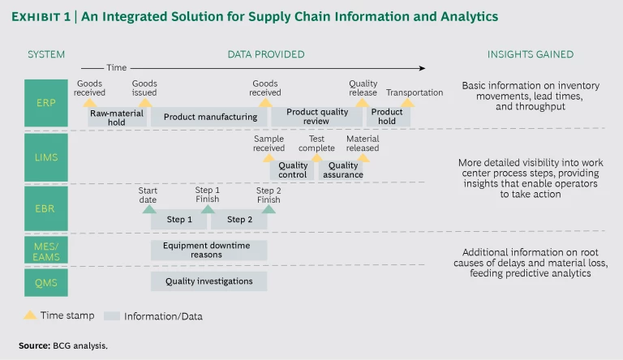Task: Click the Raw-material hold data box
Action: click(116, 117)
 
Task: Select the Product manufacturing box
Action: click(209, 117)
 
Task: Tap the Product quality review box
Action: click(317, 117)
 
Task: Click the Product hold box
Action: click(388, 117)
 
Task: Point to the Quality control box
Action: click(293, 170)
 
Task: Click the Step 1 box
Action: click(179, 220)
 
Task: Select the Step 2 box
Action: click(239, 220)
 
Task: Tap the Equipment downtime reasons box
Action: click(208, 250)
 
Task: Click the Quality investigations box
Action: click(208, 282)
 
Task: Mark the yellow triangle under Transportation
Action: click(408, 103)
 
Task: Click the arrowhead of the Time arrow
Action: click(421, 68)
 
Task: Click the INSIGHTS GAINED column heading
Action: click(530, 54)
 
